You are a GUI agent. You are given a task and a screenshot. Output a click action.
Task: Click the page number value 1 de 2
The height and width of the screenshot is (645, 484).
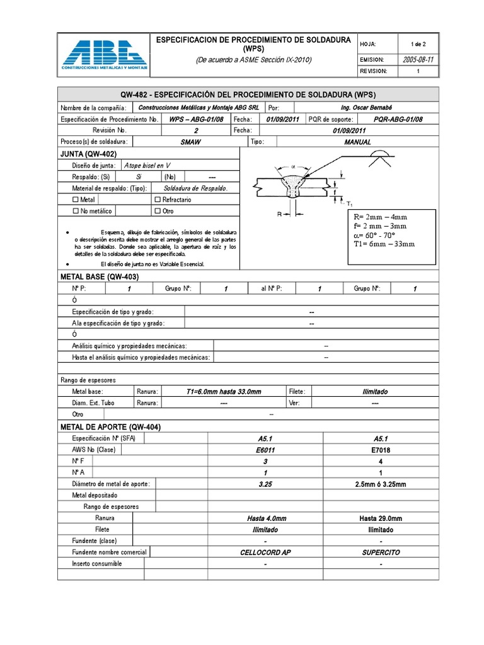418,44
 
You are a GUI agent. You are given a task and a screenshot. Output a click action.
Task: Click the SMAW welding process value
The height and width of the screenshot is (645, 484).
190,142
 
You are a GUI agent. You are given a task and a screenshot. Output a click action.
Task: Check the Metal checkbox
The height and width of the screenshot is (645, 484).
76,200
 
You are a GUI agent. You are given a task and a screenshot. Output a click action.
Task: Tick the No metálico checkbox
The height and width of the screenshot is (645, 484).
76,212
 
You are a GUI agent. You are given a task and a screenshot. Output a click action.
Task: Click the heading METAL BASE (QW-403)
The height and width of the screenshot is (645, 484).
99,277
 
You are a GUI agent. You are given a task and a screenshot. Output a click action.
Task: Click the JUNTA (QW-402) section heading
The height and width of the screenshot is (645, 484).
88,154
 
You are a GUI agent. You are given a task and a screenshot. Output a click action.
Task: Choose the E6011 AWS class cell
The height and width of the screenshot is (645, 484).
265,450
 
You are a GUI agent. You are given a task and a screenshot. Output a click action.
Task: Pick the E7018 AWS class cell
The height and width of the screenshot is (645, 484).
380,450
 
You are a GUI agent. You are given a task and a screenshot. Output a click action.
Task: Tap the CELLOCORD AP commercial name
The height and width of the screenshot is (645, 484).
265,552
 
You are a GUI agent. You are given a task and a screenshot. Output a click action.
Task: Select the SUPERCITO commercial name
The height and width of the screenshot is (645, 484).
380,552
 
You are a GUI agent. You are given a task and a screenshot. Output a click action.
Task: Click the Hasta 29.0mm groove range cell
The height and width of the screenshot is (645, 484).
380,518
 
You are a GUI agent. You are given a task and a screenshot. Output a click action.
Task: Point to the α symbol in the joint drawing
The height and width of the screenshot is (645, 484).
292,166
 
